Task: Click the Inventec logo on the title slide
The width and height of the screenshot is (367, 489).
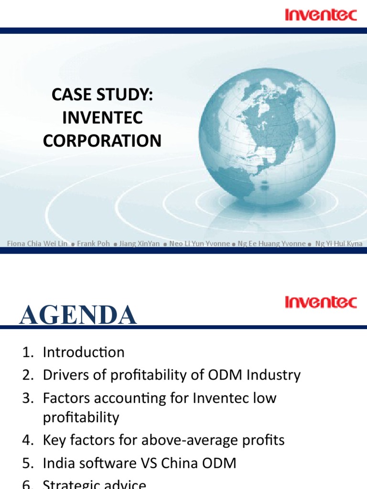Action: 321,15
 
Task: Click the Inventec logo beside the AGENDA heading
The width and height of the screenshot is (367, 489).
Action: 321,302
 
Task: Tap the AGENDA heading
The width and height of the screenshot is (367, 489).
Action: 78,316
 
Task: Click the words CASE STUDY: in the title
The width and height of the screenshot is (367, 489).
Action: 102,95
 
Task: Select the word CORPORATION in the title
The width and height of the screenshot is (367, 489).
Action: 102,141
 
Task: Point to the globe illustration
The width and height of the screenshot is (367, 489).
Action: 267,137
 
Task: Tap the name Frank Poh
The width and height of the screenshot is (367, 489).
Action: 93,244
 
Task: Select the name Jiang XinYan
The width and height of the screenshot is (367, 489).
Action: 139,244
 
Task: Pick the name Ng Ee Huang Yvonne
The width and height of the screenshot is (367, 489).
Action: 271,244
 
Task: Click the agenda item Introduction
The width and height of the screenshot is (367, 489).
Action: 84,352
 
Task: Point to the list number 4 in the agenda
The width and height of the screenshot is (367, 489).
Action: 26,440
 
